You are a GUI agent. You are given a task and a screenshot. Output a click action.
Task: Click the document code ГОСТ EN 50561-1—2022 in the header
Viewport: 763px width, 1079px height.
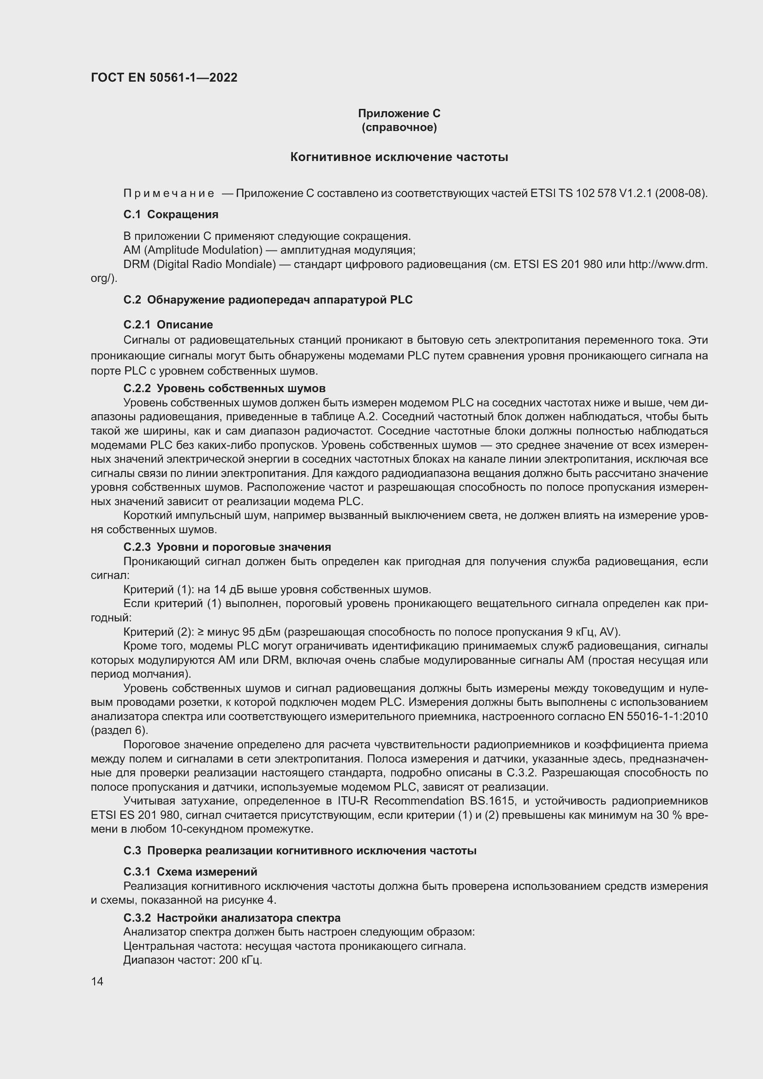click(x=164, y=77)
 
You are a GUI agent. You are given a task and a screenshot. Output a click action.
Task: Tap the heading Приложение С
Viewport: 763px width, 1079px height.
click(x=399, y=113)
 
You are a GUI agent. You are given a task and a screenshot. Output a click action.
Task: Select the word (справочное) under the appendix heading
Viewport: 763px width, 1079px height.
click(x=399, y=128)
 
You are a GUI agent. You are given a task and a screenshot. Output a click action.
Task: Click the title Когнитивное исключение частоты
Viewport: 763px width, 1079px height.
click(x=399, y=157)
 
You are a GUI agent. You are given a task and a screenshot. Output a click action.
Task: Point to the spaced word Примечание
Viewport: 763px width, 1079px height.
click(x=169, y=193)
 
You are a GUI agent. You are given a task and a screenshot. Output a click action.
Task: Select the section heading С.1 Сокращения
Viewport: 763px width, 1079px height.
click(x=171, y=215)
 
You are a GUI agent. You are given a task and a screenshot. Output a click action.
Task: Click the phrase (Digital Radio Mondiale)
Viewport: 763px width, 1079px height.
click(x=214, y=264)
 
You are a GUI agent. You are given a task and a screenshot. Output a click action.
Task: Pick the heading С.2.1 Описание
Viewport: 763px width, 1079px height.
click(x=168, y=325)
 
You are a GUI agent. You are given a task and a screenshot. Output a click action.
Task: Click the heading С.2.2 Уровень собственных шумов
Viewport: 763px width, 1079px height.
click(x=224, y=388)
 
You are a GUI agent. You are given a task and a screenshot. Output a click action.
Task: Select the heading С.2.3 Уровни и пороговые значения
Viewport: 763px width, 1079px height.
click(x=227, y=547)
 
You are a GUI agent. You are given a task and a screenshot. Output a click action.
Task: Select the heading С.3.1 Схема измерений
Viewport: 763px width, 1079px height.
click(x=190, y=872)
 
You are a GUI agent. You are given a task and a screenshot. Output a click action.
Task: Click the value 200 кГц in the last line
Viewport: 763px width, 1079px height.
click(x=240, y=960)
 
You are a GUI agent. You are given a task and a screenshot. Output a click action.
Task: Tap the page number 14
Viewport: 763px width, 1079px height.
click(x=97, y=982)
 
